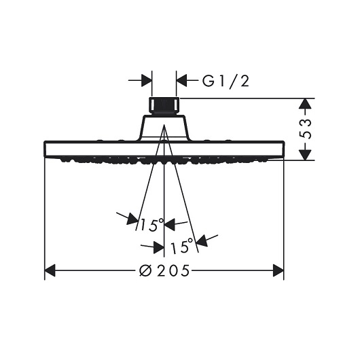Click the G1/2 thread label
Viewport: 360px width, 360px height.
(x=226, y=81)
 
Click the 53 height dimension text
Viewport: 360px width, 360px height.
(x=306, y=129)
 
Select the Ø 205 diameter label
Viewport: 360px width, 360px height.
(x=164, y=270)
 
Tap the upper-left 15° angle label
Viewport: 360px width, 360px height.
(x=151, y=225)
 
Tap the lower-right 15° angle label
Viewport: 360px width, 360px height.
(x=181, y=246)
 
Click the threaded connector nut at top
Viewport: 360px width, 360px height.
(x=164, y=105)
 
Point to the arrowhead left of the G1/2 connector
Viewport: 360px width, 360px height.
(x=147, y=80)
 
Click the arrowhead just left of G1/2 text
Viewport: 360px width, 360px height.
(x=181, y=80)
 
